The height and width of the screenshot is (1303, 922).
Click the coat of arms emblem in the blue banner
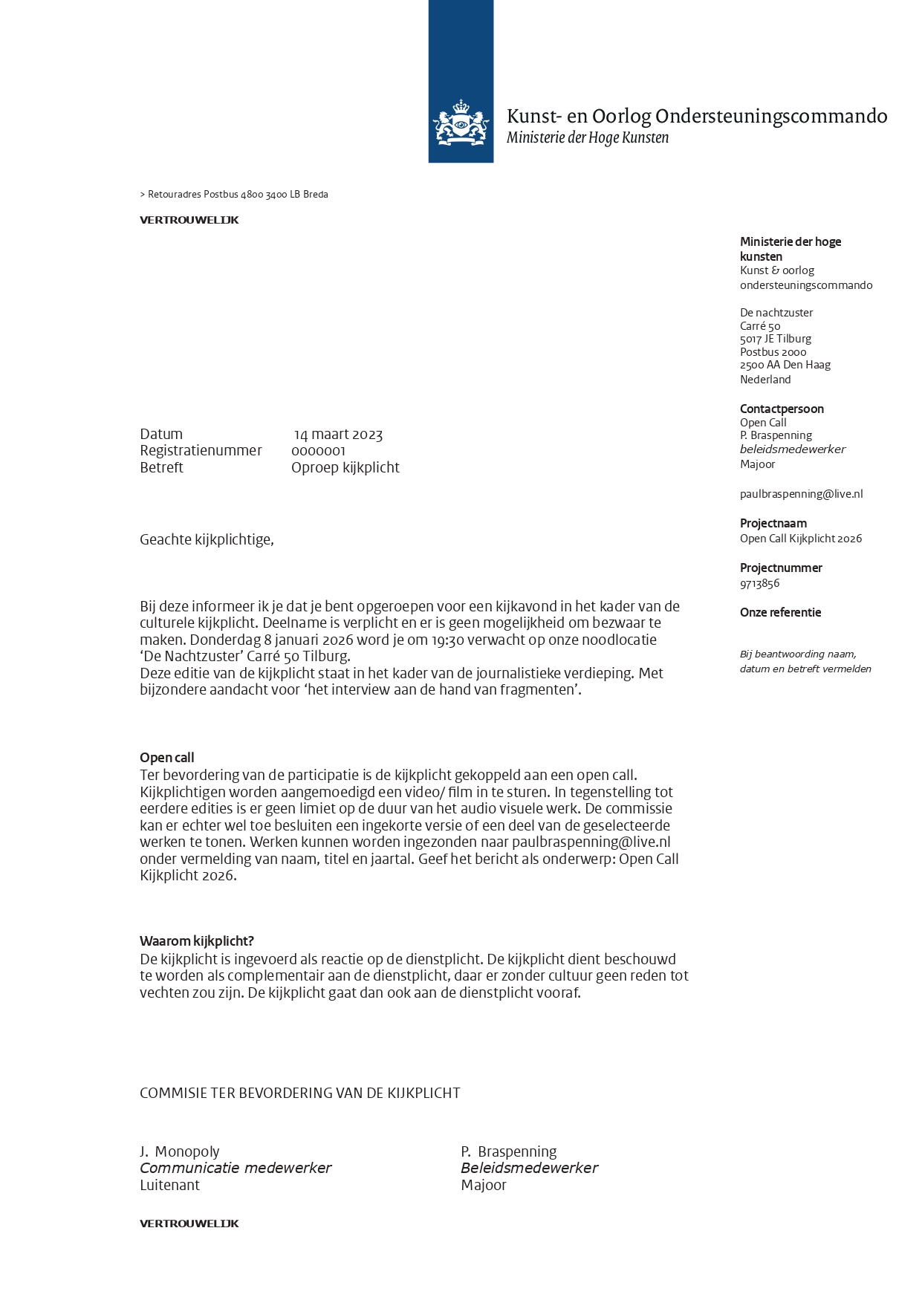tap(461, 123)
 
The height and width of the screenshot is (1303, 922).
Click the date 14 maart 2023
tap(339, 435)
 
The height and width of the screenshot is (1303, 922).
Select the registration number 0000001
tap(318, 451)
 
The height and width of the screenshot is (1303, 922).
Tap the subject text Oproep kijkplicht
tap(345, 467)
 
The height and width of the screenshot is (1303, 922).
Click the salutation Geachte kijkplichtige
tap(207, 540)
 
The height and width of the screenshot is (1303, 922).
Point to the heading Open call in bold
tap(166, 758)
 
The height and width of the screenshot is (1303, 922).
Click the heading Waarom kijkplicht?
tap(197, 941)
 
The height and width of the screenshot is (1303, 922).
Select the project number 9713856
tap(759, 583)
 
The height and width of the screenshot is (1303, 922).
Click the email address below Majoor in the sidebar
tap(801, 494)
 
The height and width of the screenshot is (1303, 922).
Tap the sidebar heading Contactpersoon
tap(782, 409)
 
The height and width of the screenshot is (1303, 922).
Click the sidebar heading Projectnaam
tap(773, 523)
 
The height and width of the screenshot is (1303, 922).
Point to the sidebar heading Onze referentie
tap(780, 612)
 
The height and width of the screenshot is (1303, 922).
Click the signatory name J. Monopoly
tap(180, 1151)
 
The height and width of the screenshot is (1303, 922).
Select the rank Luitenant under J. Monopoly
tap(169, 1185)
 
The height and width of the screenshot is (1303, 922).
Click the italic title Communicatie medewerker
tap(236, 1168)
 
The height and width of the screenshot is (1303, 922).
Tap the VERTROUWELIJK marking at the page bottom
tap(189, 1224)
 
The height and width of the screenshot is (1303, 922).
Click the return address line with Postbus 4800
tap(234, 195)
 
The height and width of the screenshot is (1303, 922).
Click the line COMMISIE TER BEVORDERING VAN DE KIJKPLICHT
tap(300, 1093)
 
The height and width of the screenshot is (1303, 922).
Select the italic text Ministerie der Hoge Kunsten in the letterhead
tap(588, 137)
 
